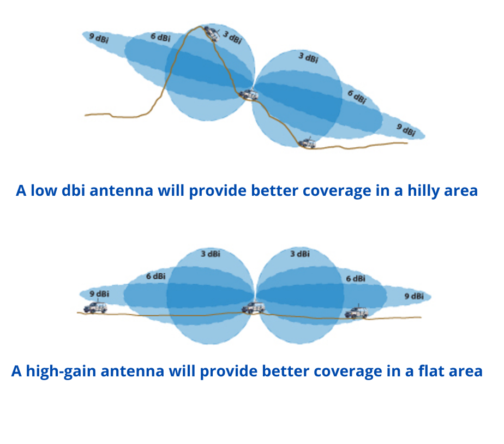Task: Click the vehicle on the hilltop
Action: [212, 33]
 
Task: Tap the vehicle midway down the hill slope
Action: [249, 94]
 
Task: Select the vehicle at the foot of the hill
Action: [307, 143]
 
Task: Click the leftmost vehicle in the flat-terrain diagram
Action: [95, 307]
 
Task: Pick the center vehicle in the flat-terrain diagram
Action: [253, 307]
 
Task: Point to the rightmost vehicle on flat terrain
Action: [356, 312]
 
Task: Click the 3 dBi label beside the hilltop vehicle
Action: [232, 37]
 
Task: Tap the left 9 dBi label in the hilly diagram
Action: [99, 38]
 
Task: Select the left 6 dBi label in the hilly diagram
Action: [160, 37]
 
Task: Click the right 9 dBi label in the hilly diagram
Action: [406, 130]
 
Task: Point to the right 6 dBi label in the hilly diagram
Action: [357, 97]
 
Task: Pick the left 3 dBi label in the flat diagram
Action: [211, 254]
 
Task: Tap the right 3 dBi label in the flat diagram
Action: [300, 254]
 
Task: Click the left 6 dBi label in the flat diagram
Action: [156, 276]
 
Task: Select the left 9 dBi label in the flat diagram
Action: [99, 294]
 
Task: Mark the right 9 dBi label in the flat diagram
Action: [414, 296]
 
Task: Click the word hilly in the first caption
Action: [424, 191]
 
